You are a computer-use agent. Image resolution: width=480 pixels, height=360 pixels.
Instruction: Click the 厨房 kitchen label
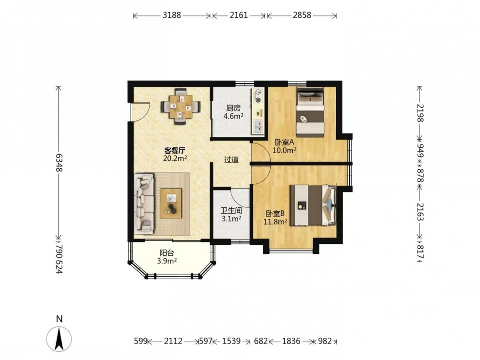tap(233, 108)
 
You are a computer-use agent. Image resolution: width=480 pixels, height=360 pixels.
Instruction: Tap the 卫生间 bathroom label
tap(231, 211)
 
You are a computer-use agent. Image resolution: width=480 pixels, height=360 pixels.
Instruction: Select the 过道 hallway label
tap(231, 160)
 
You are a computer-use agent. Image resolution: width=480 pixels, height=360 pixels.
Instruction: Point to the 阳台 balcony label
tap(167, 253)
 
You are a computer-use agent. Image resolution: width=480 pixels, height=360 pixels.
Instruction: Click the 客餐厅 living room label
tap(175, 151)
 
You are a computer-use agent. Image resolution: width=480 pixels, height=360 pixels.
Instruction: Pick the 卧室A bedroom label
tap(284, 143)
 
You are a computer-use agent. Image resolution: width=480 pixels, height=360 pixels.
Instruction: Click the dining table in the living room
tap(181, 107)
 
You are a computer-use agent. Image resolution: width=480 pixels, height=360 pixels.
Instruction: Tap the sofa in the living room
tap(144, 203)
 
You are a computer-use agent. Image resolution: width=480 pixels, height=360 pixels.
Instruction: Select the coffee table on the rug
tap(171, 203)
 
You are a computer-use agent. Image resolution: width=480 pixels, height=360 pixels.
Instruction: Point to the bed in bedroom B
tap(313, 205)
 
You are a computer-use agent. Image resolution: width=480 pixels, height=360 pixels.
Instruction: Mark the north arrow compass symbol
tap(59, 338)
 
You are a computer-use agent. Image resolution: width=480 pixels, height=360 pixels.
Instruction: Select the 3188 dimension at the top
tap(172, 15)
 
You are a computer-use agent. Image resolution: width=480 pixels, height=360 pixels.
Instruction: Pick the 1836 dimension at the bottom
tap(291, 341)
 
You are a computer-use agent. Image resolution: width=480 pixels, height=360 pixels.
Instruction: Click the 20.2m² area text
tap(175, 158)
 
